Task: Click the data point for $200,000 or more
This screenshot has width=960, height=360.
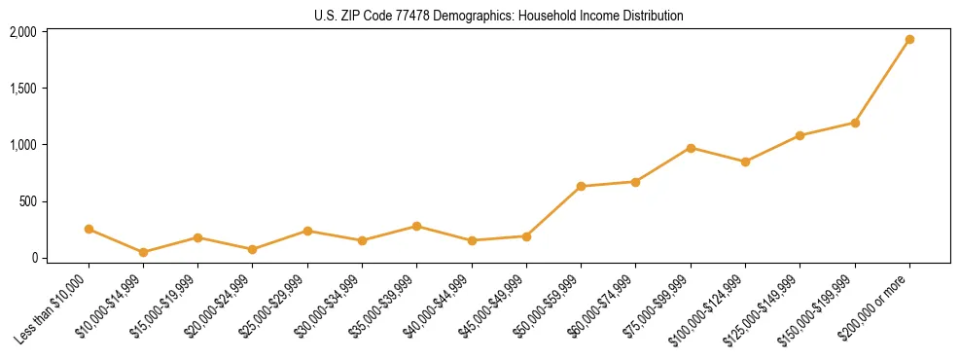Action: pos(909,40)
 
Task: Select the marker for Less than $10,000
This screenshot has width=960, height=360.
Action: pos(89,230)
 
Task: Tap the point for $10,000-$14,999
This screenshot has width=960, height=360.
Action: pos(144,252)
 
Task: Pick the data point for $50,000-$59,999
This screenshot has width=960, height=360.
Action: pos(581,186)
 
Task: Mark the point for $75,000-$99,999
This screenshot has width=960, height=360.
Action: pos(691,148)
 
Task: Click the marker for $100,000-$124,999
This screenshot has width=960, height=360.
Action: pos(745,162)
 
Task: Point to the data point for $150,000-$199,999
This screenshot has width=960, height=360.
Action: pos(855,123)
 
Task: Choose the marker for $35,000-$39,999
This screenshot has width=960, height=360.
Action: pos(417,226)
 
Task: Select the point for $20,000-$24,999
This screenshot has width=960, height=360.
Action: pos(253,249)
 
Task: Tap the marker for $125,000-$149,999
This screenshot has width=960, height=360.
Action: pos(800,135)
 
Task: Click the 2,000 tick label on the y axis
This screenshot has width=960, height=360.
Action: pos(23,32)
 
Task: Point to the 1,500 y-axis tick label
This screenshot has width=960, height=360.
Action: pos(23,89)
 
